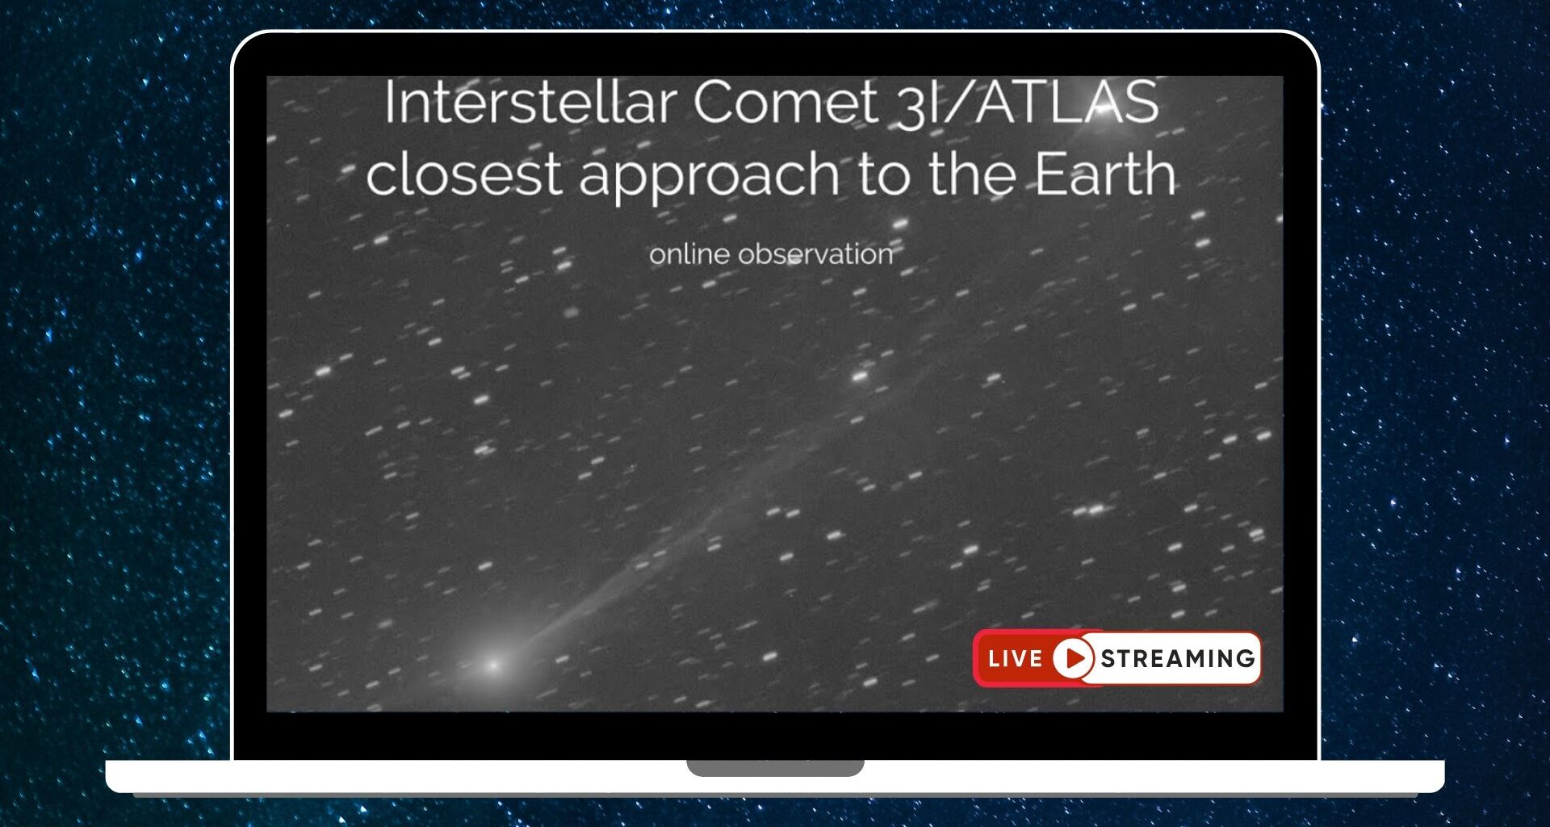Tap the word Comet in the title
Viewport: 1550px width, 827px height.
point(785,103)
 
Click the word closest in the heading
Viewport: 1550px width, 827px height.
point(463,175)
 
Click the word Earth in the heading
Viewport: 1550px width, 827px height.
point(1105,174)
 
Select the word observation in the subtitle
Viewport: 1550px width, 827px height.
point(816,254)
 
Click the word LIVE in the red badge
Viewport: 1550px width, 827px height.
point(1015,659)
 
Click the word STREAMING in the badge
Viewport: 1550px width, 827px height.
point(1178,659)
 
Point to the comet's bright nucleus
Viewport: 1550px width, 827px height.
point(493,665)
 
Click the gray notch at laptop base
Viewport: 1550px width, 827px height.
point(775,767)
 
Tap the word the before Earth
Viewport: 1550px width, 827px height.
point(972,174)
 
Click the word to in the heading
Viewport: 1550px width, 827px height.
point(885,175)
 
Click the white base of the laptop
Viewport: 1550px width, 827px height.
point(404,776)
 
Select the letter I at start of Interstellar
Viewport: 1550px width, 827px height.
point(389,103)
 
